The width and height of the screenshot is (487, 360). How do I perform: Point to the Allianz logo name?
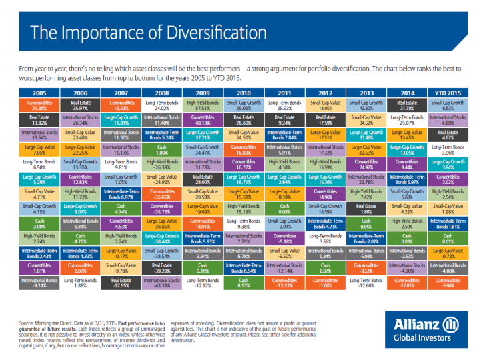tap(417, 325)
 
